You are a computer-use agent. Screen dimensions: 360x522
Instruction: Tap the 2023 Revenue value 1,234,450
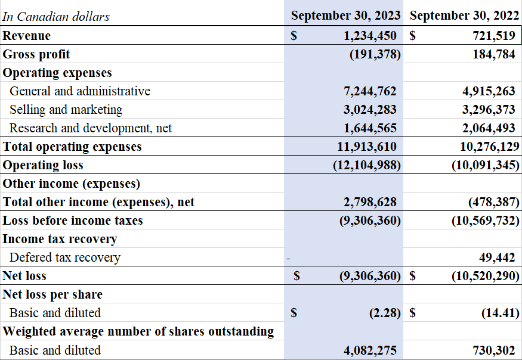tap(370, 36)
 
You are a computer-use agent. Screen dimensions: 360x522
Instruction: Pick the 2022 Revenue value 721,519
tap(493, 36)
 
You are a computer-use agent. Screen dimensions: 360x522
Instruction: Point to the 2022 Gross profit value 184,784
tap(493, 54)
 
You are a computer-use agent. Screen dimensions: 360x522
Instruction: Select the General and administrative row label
tap(80, 91)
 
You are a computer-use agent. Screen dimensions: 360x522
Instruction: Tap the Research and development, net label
tap(91, 128)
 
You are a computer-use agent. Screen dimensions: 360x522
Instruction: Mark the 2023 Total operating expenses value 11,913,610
tap(367, 147)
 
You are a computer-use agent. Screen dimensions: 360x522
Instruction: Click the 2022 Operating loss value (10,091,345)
tap(485, 165)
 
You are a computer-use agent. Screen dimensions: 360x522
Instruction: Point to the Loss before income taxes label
tap(73, 221)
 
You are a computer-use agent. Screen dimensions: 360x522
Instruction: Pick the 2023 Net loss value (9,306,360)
tap(366, 276)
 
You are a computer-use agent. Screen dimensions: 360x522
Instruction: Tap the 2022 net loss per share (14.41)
tap(500, 313)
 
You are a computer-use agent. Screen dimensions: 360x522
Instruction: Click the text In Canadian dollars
tap(56, 17)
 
